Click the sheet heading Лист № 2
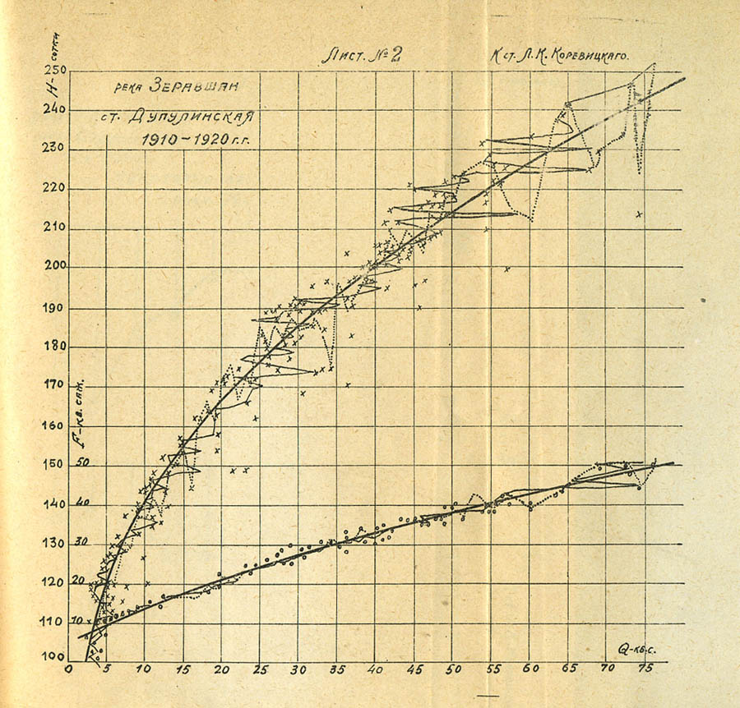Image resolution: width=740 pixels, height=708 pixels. (x=360, y=57)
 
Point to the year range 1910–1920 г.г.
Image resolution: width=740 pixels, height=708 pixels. (x=194, y=140)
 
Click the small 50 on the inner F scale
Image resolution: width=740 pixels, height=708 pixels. (x=81, y=462)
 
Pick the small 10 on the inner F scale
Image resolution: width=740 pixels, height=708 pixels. (x=76, y=620)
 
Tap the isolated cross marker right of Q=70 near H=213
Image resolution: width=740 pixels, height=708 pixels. (x=638, y=214)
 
